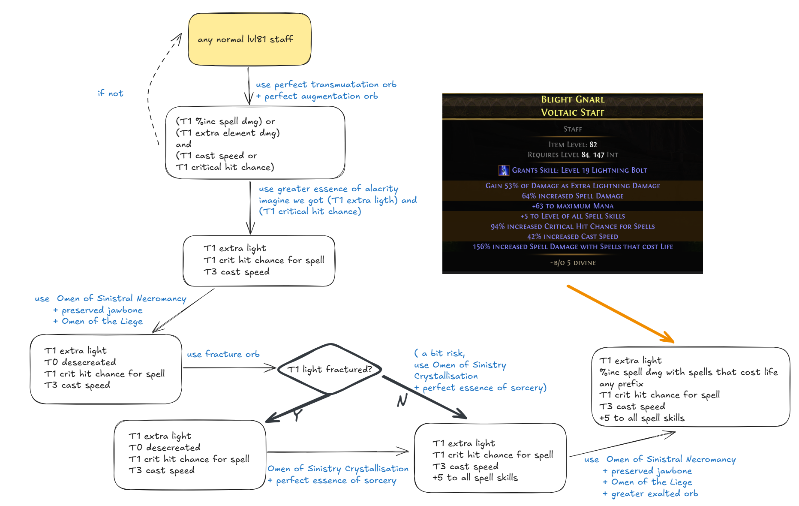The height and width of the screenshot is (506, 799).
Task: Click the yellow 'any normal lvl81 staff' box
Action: click(249, 39)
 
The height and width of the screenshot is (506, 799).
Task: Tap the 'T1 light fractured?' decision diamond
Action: click(329, 369)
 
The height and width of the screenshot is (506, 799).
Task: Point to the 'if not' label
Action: click(111, 93)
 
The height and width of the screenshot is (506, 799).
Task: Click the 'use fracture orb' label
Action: click(223, 354)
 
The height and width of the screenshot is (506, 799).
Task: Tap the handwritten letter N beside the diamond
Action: click(402, 401)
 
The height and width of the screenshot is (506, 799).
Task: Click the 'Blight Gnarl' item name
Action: click(573, 99)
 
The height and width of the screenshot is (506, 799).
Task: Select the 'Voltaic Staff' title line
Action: click(573, 112)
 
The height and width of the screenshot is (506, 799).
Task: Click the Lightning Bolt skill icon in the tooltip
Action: click(504, 170)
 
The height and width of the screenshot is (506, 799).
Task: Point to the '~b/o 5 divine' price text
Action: click(573, 262)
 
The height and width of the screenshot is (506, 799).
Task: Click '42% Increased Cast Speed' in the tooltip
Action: click(573, 236)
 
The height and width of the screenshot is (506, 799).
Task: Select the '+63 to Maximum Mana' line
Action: click(573, 206)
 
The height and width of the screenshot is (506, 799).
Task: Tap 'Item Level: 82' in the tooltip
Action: click(573, 145)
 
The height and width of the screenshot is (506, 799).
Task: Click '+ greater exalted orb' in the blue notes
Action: click(650, 494)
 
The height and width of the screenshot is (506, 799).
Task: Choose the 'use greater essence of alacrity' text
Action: click(328, 189)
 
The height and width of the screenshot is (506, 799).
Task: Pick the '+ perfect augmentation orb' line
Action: click(317, 96)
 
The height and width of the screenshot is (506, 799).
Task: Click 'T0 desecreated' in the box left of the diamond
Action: click(80, 362)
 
